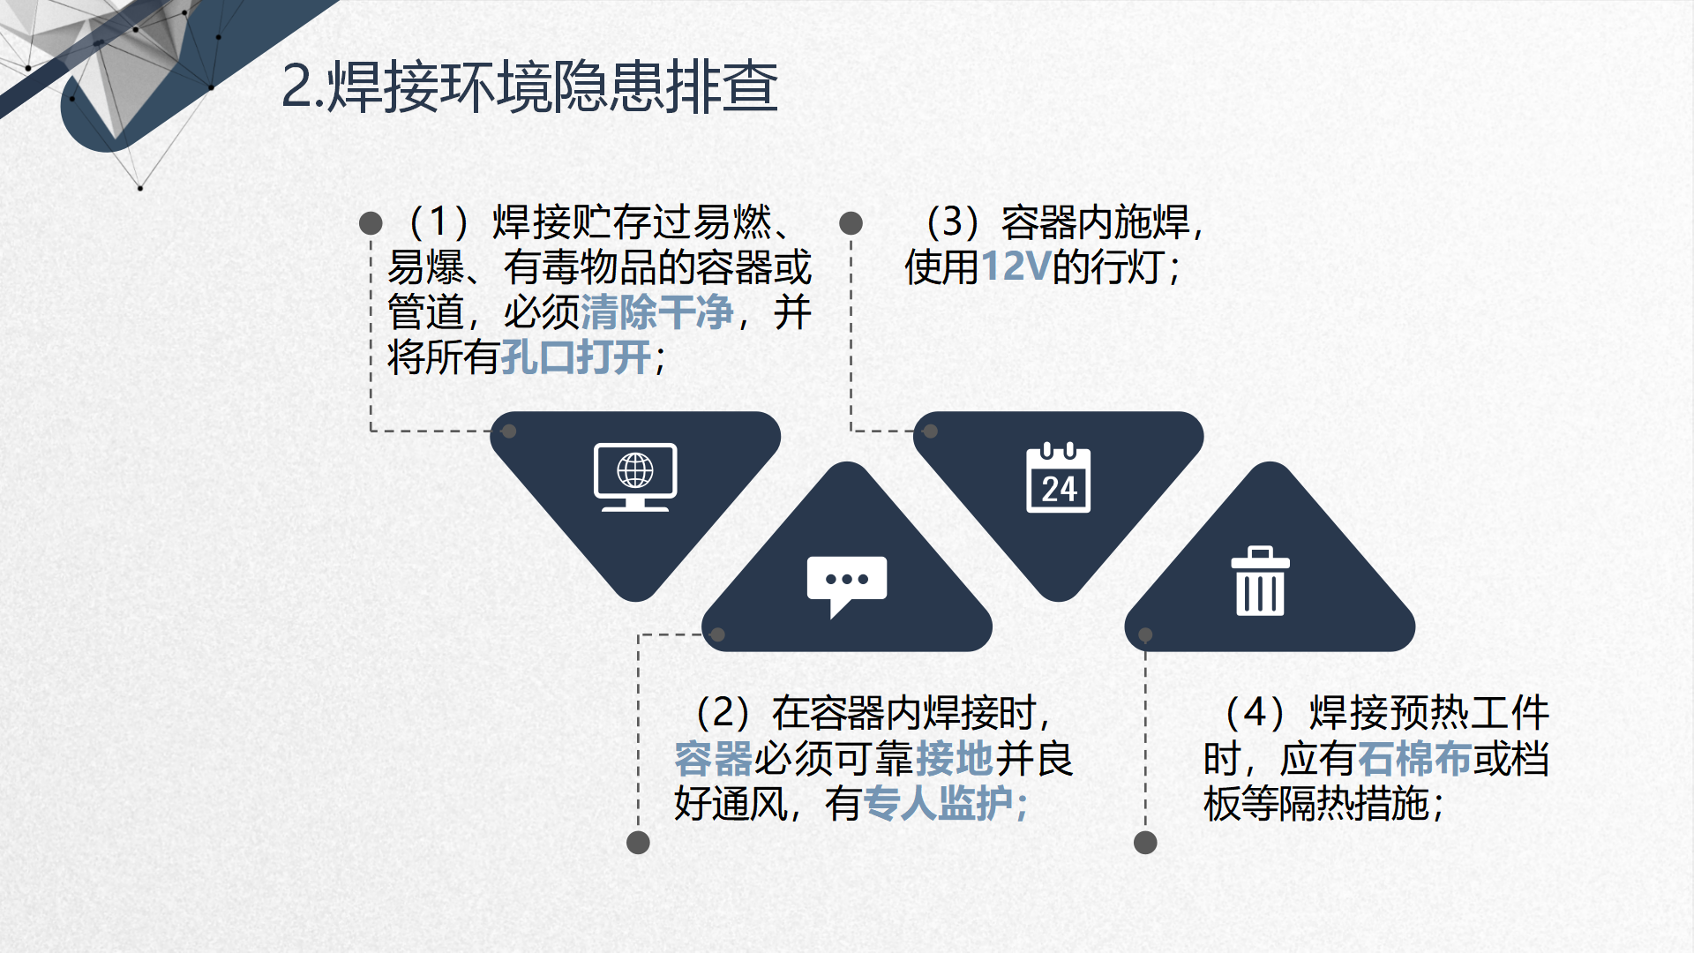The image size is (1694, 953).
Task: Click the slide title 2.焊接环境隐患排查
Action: pyautogui.click(x=529, y=86)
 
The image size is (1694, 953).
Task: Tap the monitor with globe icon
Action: pyautogui.click(x=635, y=477)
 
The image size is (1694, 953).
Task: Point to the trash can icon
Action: pyautogui.click(x=1260, y=581)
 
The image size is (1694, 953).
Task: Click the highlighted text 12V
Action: pyautogui.click(x=1016, y=266)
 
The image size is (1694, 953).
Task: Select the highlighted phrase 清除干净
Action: pyautogui.click(x=657, y=311)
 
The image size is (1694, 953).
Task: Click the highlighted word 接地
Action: pyautogui.click(x=956, y=758)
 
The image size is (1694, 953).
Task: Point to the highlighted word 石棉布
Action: pyautogui.click(x=1415, y=758)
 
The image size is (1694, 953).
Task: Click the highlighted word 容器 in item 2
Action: pyautogui.click(x=713, y=758)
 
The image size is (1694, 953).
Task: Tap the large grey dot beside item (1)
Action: pyautogui.click(x=371, y=223)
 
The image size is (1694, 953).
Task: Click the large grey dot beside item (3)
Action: pyautogui.click(x=851, y=223)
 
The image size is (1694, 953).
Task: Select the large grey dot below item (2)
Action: pyautogui.click(x=638, y=843)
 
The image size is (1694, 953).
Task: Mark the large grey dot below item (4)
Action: pyautogui.click(x=1145, y=843)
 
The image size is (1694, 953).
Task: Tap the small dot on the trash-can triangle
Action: pyautogui.click(x=1145, y=634)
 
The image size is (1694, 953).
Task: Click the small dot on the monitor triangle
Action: pyautogui.click(x=509, y=431)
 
